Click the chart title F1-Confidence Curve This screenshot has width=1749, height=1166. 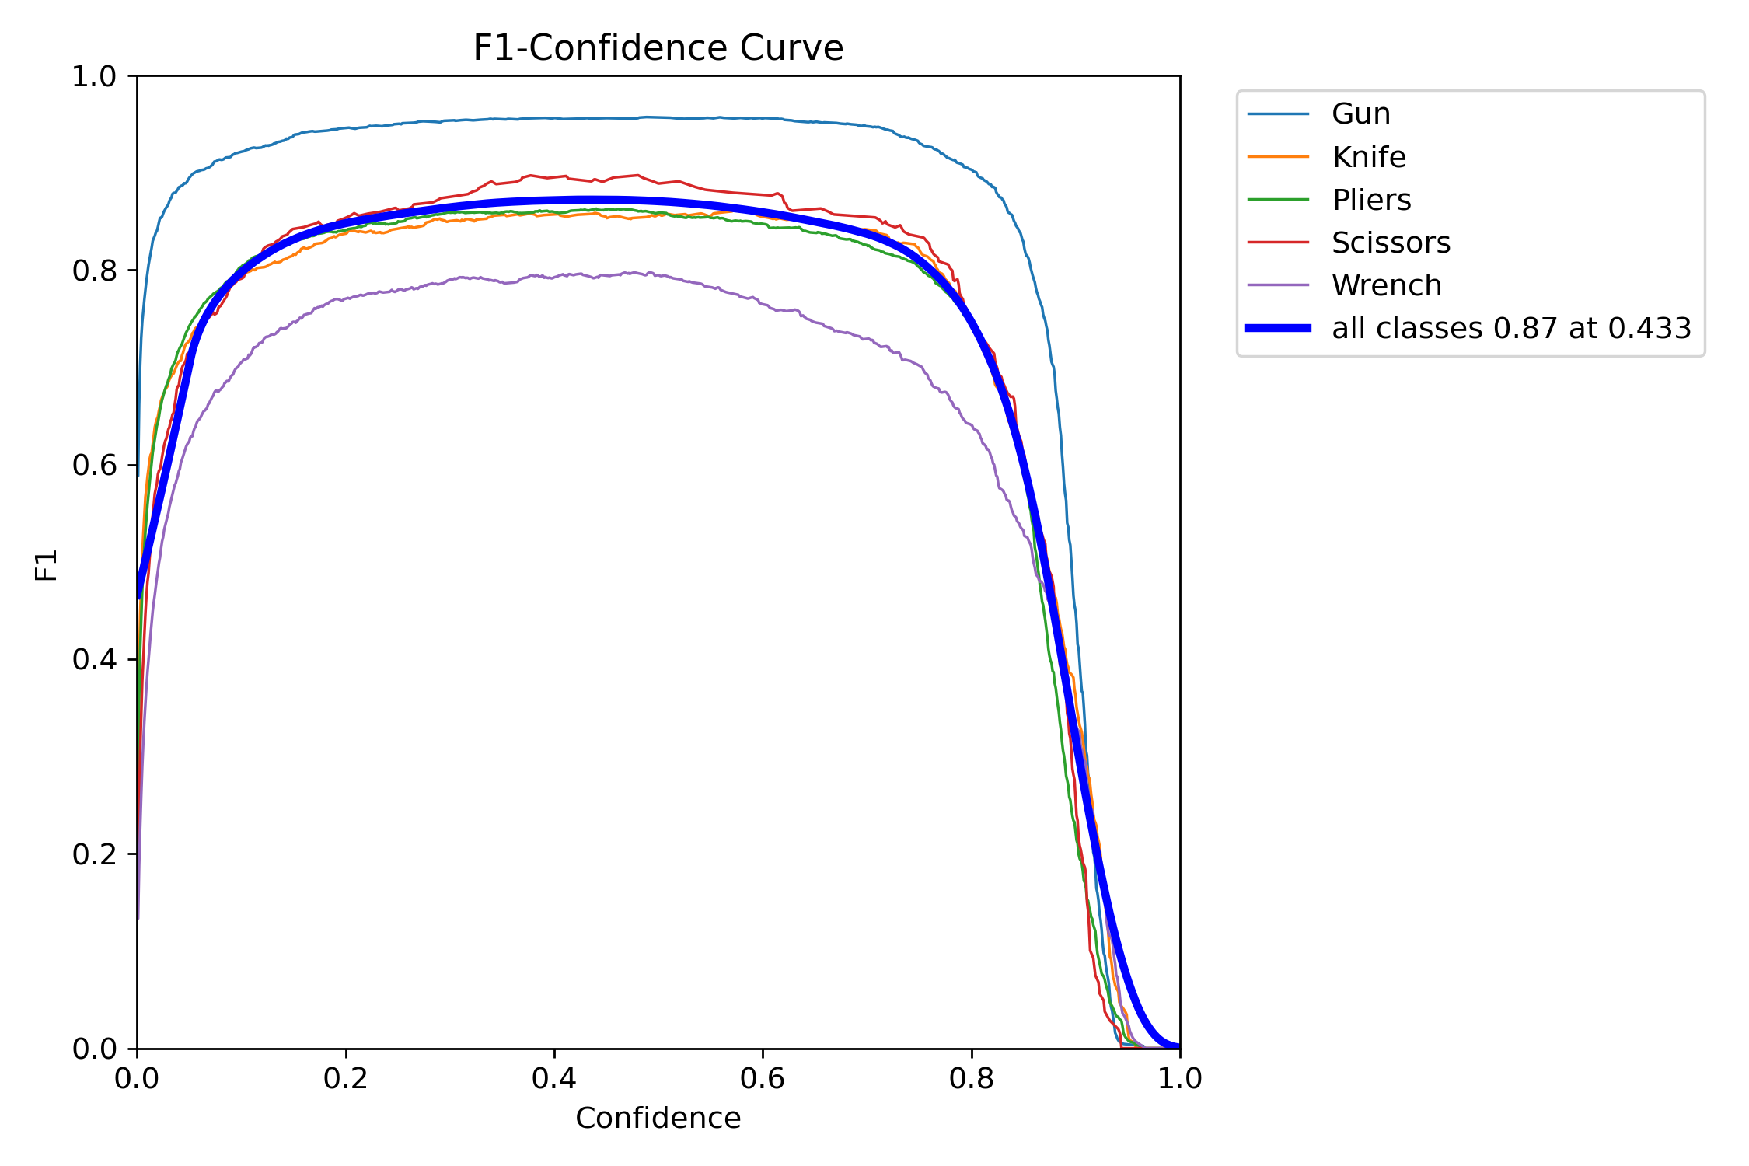coord(658,48)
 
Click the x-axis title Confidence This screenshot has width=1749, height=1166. coord(658,1118)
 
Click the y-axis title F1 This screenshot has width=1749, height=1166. coord(47,564)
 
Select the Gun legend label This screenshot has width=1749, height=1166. coord(1360,114)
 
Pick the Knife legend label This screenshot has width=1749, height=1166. coord(1368,157)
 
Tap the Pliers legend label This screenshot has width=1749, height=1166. coord(1371,200)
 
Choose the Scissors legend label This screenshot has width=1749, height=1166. coord(1391,243)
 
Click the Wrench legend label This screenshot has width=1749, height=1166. coord(1386,285)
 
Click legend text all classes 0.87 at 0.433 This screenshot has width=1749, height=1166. coord(1511,328)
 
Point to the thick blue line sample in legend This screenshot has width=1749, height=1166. coord(1278,328)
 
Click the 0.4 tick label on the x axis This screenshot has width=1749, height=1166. coord(554,1079)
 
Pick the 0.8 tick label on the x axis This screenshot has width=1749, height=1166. coord(972,1079)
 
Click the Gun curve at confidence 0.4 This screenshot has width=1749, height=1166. coord(554,118)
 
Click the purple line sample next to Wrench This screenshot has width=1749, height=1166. coord(1278,285)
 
